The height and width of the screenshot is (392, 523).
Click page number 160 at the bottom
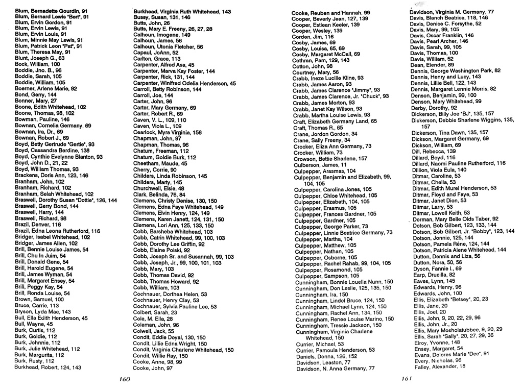(x=125, y=379)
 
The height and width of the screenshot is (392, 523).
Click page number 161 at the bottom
(x=407, y=379)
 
